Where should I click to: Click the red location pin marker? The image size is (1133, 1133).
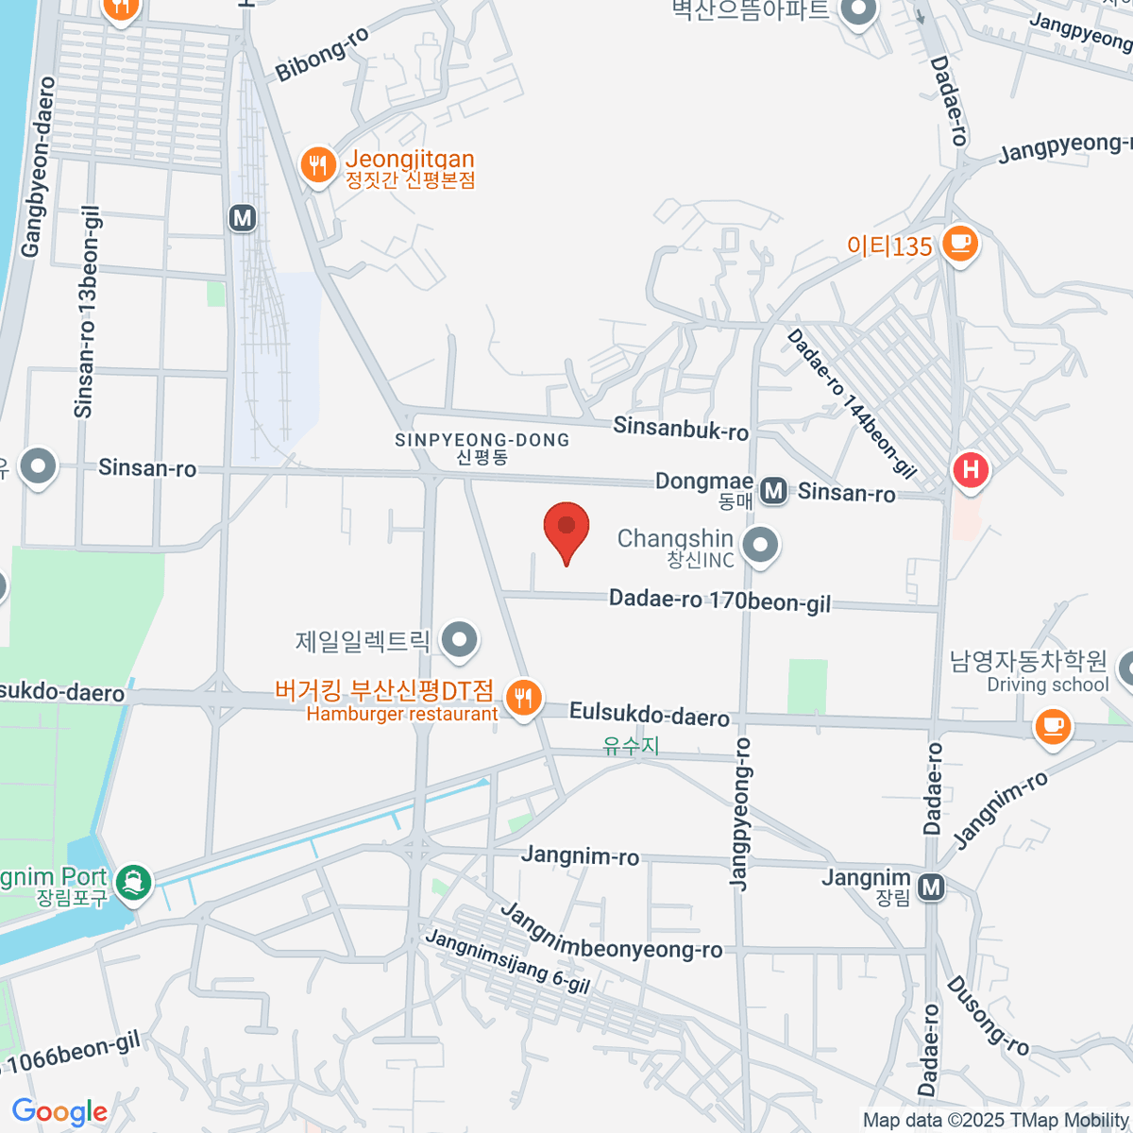point(566,528)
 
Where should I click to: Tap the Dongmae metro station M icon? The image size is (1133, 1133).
point(774,490)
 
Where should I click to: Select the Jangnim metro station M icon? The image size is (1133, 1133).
point(931,887)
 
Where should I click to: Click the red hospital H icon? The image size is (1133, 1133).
point(970,470)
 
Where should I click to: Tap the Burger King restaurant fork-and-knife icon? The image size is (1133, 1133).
point(522,699)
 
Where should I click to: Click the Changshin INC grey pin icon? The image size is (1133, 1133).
point(760,545)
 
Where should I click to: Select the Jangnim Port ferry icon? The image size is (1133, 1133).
point(133,883)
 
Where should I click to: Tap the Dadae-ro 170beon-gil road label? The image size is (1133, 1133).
point(719,601)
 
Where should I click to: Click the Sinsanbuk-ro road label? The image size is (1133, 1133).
point(681,428)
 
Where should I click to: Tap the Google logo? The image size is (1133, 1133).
point(59,1112)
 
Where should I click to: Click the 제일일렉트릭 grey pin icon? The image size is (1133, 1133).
point(460,639)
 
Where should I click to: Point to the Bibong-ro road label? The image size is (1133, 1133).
point(322,54)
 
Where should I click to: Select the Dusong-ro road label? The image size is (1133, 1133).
point(987,1016)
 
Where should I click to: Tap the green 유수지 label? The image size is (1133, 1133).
point(631,746)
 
